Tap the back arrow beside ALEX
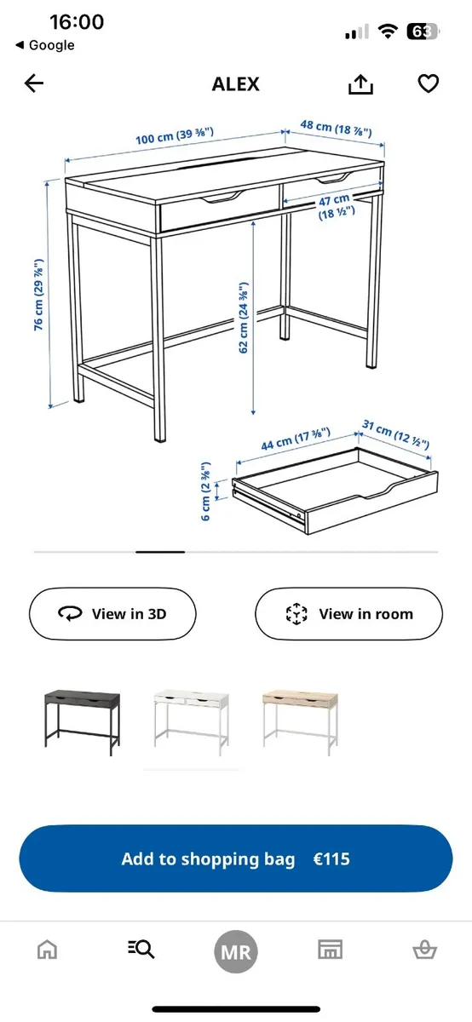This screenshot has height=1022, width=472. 34,83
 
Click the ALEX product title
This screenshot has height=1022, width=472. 236,84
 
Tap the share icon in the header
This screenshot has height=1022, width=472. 361,83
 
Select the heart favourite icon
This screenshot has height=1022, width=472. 428,83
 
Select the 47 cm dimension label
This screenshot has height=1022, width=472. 335,207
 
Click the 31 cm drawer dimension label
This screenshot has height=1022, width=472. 395,434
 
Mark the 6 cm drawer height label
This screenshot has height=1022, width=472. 206,493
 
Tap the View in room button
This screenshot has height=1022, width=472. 348,613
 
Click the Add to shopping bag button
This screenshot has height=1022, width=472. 236,858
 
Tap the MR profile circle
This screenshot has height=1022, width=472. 236,950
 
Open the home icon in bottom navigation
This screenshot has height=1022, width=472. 48,950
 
